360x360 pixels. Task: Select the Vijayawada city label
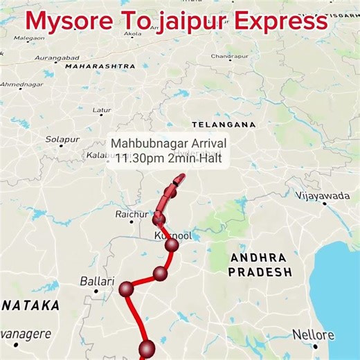[x=323, y=196]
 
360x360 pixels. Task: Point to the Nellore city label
[x=313, y=335]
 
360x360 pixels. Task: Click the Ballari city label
[x=95, y=282]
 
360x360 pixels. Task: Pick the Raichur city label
[x=132, y=215]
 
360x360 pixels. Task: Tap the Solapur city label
[x=62, y=139]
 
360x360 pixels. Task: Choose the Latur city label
[x=102, y=110]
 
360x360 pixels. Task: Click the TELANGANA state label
[x=224, y=125]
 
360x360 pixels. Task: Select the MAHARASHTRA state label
[x=100, y=66]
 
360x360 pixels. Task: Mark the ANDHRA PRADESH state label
[x=260, y=264]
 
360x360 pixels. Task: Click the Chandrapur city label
[x=229, y=55]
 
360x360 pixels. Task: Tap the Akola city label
[x=132, y=33]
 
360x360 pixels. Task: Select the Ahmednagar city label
[x=21, y=84]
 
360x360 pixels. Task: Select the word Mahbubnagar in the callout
[x=145, y=143]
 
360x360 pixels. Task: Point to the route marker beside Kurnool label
[x=172, y=244]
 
